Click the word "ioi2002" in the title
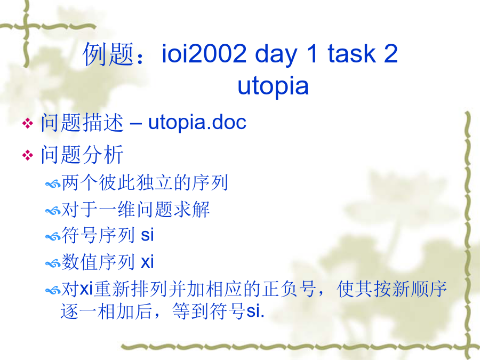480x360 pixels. [204, 53]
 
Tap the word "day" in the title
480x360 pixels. [276, 55]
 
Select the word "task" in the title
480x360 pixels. [352, 53]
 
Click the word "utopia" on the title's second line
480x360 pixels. [273, 87]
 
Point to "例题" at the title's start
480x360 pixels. [109, 54]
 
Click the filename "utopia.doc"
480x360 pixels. [197, 123]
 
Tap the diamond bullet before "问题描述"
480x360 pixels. [28, 123]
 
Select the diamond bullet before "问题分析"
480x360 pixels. [28, 155]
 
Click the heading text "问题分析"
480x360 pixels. [82, 155]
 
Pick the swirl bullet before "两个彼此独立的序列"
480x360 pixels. [53, 185]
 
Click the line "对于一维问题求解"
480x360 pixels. [135, 210]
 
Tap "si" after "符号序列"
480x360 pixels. [147, 235]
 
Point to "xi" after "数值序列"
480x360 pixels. [147, 262]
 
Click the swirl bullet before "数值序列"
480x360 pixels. [53, 263]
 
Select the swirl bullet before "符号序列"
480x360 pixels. [53, 237]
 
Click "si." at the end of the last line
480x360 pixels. [255, 311]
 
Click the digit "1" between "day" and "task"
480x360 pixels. [312, 53]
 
